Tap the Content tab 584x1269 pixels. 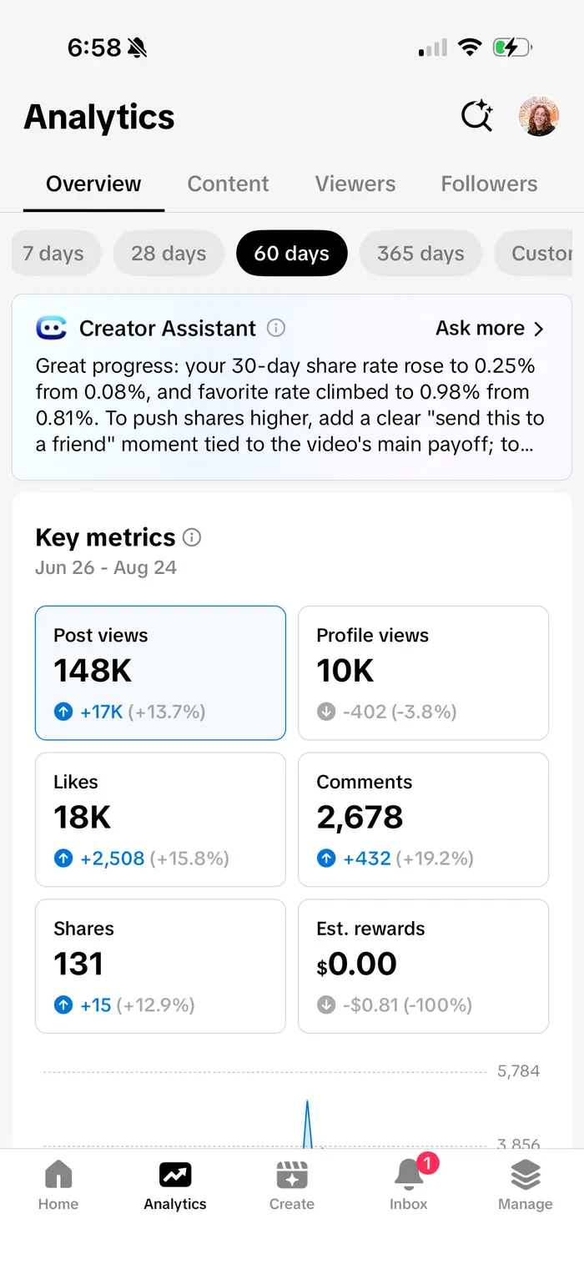pos(228,184)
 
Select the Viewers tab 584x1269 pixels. pos(355,184)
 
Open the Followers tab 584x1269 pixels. pos(489,184)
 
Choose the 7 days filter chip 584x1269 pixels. pos(56,254)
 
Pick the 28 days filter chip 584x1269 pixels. pos(169,254)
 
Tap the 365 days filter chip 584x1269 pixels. pos(420,254)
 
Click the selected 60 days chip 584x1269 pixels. pos(292,254)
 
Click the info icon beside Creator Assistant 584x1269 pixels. pos(276,327)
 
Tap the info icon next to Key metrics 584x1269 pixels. pos(191,537)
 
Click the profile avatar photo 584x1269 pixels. pos(539,116)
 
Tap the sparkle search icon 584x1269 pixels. pos(477,116)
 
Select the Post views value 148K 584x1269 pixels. pos(93,670)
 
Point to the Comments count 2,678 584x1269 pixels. pos(360,817)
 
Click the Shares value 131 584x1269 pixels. pos(78,964)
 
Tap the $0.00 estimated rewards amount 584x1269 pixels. pos(356,964)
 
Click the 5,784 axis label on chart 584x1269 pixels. pos(518,1070)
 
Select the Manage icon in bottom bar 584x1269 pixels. pos(525,1174)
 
